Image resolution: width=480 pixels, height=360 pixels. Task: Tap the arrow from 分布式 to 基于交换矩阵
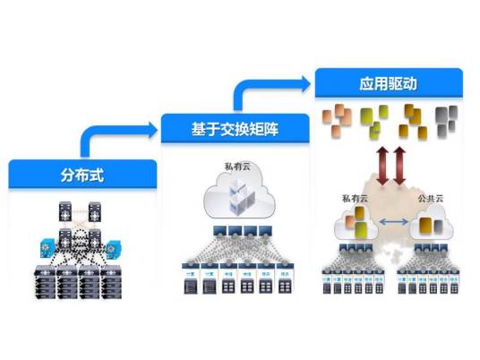[x=116, y=134]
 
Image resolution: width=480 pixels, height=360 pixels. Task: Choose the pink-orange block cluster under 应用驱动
[x=339, y=119]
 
